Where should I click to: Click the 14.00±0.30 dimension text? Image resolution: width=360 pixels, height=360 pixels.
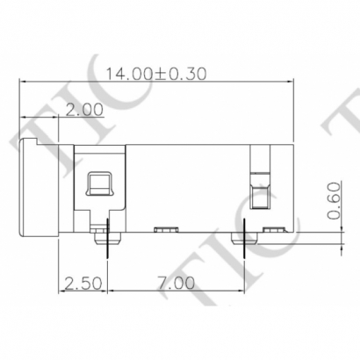point(155,74)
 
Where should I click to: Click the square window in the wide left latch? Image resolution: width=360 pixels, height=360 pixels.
point(98,184)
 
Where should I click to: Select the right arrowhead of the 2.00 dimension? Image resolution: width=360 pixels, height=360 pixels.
point(55,118)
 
